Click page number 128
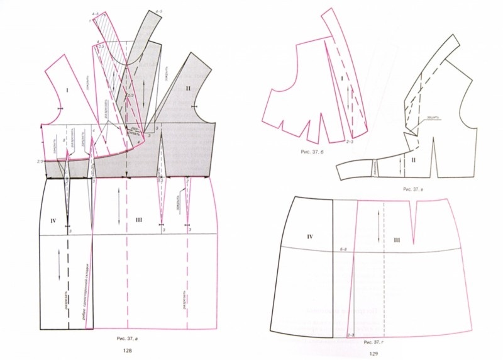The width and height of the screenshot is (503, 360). click(x=128, y=351)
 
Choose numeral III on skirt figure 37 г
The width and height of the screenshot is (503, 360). click(x=397, y=239)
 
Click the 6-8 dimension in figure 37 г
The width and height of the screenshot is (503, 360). click(x=343, y=250)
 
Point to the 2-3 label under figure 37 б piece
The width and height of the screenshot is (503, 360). click(x=350, y=144)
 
